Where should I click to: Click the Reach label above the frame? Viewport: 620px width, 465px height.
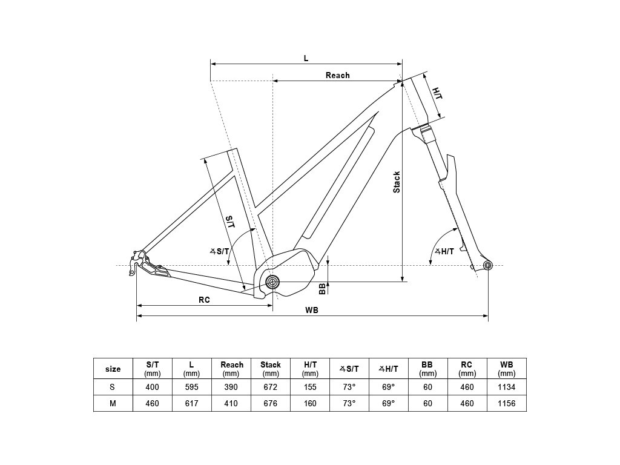(337, 76)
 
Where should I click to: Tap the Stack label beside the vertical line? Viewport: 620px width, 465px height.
(397, 182)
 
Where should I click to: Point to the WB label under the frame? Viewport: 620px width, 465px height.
(312, 310)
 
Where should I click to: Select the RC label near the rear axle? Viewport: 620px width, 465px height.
(204, 300)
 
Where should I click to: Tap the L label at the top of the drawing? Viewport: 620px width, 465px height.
(306, 58)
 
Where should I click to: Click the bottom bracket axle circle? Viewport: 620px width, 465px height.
(272, 282)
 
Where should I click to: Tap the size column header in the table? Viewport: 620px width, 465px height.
(113, 369)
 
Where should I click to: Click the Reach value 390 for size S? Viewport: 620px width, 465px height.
(232, 387)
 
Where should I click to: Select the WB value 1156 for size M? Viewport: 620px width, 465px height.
(507, 403)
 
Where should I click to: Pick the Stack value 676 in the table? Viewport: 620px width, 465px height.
(271, 403)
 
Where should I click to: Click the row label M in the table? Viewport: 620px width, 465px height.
(113, 403)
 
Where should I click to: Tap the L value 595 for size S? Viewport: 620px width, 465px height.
(191, 387)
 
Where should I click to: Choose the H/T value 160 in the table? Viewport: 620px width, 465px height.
(310, 403)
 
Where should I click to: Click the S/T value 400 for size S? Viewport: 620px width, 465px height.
(153, 387)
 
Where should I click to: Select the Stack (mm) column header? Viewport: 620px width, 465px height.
(271, 369)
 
